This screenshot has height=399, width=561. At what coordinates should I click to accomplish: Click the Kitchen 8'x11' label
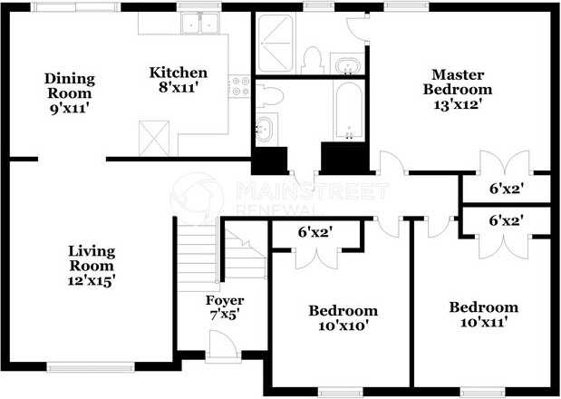tap(179, 80)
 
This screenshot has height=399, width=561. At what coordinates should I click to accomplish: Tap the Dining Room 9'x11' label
tap(70, 93)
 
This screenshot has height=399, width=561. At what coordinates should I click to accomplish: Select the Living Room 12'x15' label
tap(92, 266)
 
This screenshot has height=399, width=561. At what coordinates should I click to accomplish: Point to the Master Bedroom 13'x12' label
tap(458, 89)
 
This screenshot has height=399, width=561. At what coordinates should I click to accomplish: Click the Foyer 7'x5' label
tap(225, 307)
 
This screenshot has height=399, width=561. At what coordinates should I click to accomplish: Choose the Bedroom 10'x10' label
tap(343, 318)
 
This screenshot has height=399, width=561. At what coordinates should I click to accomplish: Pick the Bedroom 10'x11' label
tap(484, 315)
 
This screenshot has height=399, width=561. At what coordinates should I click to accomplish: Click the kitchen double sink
tap(200, 23)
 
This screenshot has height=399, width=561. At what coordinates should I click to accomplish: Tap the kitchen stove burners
tap(239, 86)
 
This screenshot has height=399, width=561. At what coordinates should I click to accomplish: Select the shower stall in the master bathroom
tap(276, 43)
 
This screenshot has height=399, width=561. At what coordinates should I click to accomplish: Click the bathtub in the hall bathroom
tap(349, 111)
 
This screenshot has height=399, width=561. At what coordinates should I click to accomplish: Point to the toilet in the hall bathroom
tap(269, 96)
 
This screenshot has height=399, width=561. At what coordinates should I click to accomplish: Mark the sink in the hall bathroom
tap(266, 129)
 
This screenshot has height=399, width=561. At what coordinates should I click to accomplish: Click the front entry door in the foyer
tap(222, 343)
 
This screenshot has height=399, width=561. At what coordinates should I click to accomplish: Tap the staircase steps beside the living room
tap(198, 253)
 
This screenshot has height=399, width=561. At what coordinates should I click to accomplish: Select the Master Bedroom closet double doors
tap(505, 163)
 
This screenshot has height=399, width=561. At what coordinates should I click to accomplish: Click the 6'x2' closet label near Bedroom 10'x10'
tap(316, 233)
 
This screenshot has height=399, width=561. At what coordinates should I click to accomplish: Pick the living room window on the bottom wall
tap(90, 366)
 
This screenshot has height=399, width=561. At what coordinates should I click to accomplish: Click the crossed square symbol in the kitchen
tap(154, 138)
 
